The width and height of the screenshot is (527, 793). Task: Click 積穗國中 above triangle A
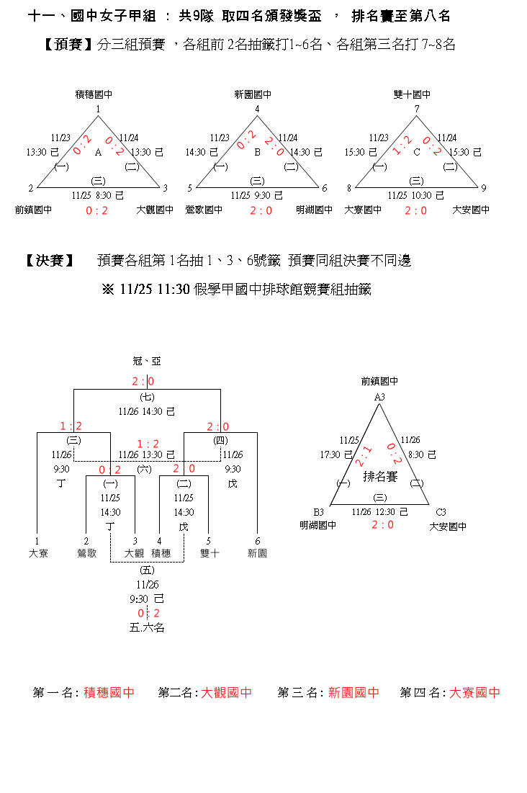[x=94, y=95]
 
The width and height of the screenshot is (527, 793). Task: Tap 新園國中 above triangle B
[x=253, y=95]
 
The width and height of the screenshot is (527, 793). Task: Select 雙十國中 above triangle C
[x=413, y=95]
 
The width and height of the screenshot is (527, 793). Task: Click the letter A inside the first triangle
[x=98, y=152]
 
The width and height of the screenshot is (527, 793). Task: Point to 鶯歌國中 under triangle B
[x=204, y=210]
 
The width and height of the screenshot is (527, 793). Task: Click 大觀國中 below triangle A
[x=155, y=210]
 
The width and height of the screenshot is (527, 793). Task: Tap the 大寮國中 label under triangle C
[x=363, y=210]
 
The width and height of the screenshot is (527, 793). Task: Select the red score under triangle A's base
[x=96, y=210]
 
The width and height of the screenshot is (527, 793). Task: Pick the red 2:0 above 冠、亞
[x=143, y=382]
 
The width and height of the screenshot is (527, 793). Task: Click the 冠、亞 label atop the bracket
[x=147, y=361]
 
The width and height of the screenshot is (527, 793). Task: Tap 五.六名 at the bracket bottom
[x=148, y=628]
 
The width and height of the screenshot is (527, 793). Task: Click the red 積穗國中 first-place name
[x=109, y=693]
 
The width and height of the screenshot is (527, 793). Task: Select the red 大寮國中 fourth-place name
[x=474, y=693]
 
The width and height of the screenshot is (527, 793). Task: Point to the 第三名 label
[x=301, y=693]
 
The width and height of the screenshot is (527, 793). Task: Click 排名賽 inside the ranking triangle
[x=380, y=477]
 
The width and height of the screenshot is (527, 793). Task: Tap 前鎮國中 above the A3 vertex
[x=379, y=382]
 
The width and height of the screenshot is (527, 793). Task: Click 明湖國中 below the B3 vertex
[x=318, y=527]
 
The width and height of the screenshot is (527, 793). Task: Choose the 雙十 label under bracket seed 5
[x=209, y=553]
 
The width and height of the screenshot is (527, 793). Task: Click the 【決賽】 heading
[x=50, y=261]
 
